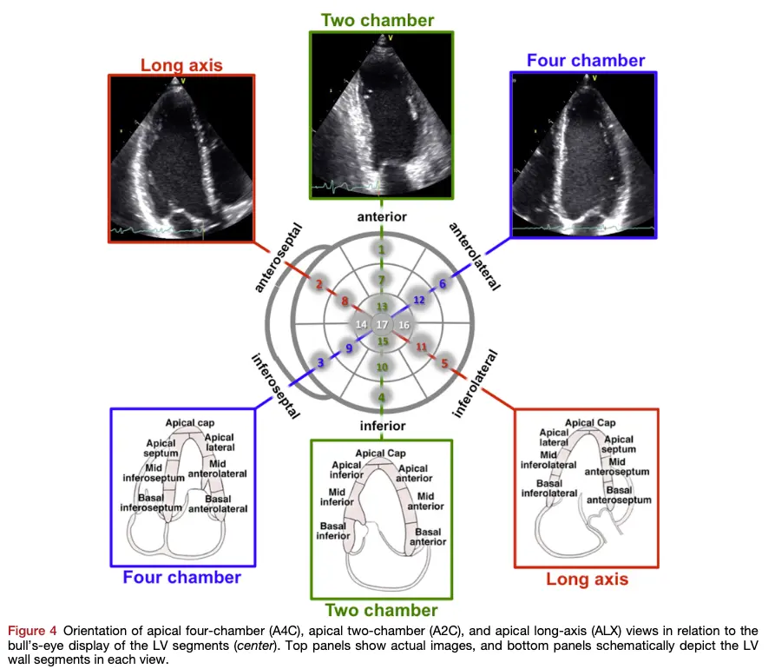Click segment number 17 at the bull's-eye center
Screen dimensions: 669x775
[382, 324]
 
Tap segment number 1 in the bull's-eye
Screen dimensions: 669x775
[381, 249]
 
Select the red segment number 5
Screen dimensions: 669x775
[444, 364]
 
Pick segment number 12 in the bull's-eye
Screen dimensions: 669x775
[418, 300]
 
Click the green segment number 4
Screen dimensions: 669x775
[381, 397]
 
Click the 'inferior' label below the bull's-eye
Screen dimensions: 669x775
[382, 426]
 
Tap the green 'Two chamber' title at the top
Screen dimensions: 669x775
[378, 19]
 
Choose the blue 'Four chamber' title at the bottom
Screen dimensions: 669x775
[181, 577]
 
